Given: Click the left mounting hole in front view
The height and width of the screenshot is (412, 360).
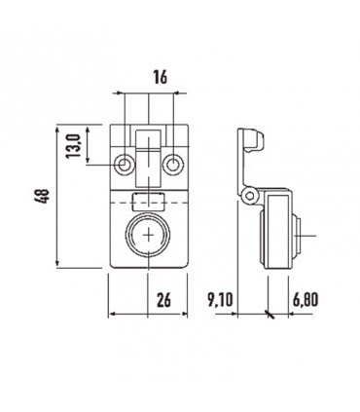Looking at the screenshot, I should [x=124, y=161].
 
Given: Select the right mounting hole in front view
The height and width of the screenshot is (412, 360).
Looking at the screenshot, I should [x=171, y=161].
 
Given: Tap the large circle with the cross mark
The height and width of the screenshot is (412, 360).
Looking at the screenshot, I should [x=148, y=237].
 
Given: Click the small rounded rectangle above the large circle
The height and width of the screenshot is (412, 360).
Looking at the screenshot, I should [x=148, y=202].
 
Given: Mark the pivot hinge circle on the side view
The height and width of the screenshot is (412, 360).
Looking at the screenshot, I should [x=250, y=199].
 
